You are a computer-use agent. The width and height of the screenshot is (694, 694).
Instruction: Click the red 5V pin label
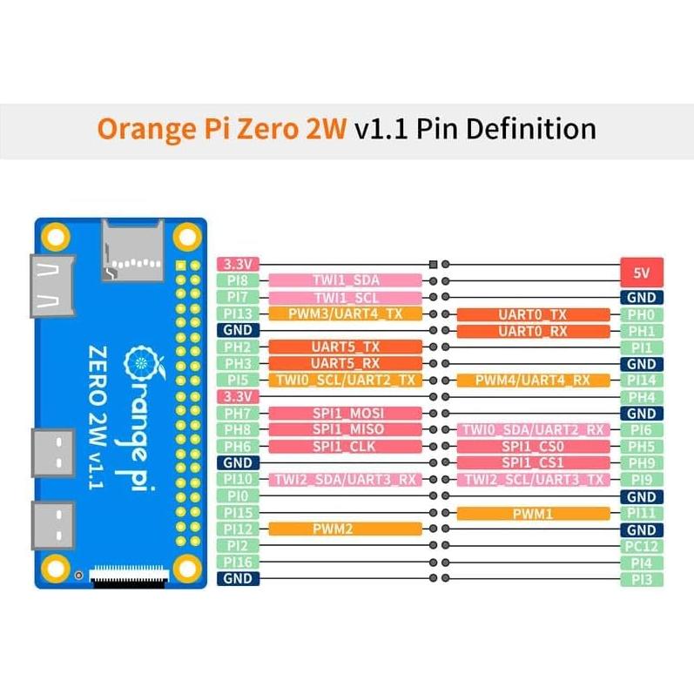pyautogui.click(x=642, y=272)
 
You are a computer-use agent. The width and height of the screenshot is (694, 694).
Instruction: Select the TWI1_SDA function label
pyautogui.click(x=345, y=280)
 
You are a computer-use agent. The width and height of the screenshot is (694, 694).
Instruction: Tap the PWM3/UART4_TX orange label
pyautogui.click(x=345, y=313)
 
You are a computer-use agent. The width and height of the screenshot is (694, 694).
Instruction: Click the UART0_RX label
pyautogui.click(x=533, y=331)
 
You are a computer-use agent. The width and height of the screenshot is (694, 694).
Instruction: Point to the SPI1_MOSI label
pyautogui.click(x=345, y=413)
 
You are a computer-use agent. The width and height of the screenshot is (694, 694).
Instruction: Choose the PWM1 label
pyautogui.click(x=533, y=514)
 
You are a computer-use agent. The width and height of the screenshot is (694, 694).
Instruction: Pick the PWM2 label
pyautogui.click(x=345, y=529)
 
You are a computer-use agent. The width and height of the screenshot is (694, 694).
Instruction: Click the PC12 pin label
pyautogui.click(x=642, y=546)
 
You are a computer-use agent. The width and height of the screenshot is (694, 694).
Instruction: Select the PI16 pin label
pyautogui.click(x=238, y=562)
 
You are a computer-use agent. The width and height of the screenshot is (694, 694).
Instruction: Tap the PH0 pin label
pyautogui.click(x=642, y=314)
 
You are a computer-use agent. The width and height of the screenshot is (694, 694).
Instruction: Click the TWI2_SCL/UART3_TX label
pyautogui.click(x=533, y=480)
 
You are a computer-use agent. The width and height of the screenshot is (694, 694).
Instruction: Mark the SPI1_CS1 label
pyautogui.click(x=533, y=462)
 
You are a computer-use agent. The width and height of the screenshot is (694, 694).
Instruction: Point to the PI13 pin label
pyautogui.click(x=238, y=313)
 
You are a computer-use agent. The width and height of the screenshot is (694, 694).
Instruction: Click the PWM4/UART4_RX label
pyautogui.click(x=533, y=381)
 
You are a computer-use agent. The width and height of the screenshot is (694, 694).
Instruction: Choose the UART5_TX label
pyautogui.click(x=345, y=347)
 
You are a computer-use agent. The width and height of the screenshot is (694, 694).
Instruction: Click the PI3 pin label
pyautogui.click(x=642, y=579)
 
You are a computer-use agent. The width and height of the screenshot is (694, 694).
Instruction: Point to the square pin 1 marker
pyautogui.click(x=433, y=264)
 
